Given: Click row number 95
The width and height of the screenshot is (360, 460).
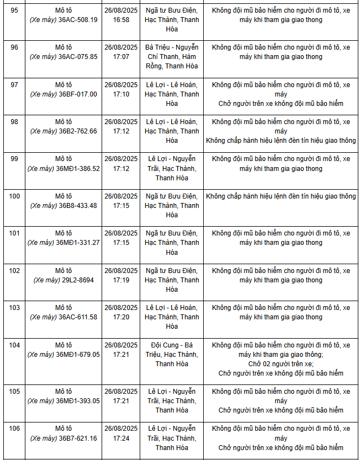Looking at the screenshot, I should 14,10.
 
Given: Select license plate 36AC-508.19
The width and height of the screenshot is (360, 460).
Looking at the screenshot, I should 78,20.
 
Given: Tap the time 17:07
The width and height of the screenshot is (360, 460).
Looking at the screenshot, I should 121,57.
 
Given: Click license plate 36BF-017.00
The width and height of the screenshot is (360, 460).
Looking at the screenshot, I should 78,94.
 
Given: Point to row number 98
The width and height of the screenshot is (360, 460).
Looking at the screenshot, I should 14,121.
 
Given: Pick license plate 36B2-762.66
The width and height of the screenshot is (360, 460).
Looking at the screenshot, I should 78,131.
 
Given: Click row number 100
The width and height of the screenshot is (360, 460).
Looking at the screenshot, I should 14,196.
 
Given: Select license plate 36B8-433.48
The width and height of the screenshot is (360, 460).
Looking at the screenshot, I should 78,206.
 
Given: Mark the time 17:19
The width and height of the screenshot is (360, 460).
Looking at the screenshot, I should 121,280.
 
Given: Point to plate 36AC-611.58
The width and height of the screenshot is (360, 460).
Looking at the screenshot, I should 78,317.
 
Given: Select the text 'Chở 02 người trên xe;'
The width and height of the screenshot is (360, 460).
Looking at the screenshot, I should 280,364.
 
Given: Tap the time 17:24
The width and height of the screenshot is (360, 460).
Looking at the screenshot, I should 121,438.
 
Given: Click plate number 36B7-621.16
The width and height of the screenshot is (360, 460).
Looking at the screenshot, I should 78,438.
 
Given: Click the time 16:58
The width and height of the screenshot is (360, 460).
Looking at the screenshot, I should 121,20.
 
